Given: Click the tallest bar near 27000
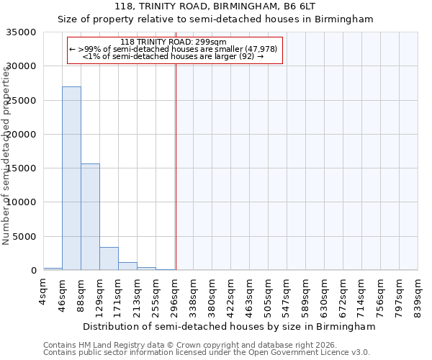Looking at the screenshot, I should point(71,179).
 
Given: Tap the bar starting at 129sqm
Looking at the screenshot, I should point(109,258).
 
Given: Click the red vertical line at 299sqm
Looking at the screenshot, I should point(176,166).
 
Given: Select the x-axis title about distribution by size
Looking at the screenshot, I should point(229,327).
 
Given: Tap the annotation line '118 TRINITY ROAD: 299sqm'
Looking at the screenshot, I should point(174,42).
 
